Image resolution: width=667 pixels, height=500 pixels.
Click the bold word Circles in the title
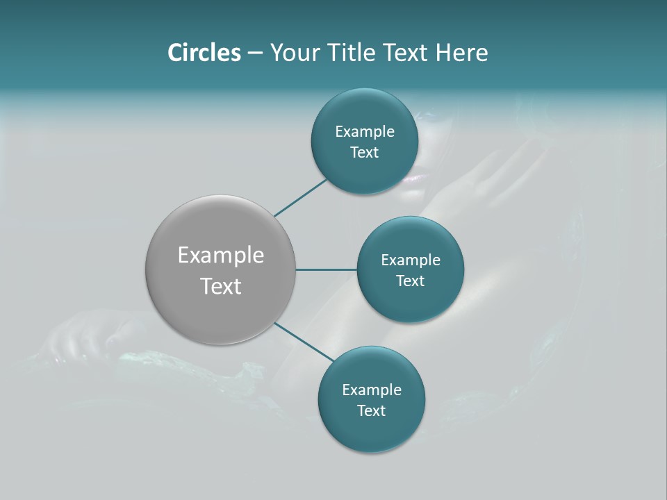coord(204,53)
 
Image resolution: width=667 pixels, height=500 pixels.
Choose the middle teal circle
coord(411,302)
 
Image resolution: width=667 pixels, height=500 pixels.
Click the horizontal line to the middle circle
coord(327,269)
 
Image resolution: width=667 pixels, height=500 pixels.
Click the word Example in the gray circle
coord(221,256)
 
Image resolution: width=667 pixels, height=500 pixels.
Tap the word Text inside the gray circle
coord(221,286)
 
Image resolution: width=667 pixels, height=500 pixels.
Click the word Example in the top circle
coord(365,132)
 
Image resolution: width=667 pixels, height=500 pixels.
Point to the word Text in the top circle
coord(365,153)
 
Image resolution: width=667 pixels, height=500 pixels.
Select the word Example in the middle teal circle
coord(411,260)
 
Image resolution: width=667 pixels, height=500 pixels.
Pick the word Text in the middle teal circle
coord(411,281)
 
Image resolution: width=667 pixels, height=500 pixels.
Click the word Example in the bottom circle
coord(372,390)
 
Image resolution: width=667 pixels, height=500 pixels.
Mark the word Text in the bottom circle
coord(372,411)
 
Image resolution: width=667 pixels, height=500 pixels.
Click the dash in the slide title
coord(255,53)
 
